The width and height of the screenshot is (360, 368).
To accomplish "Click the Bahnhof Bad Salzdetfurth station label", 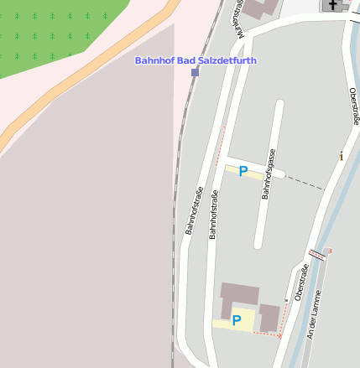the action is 196,60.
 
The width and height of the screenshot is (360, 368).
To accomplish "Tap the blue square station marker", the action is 196,73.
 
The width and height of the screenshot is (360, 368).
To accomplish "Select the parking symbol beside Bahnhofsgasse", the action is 243,171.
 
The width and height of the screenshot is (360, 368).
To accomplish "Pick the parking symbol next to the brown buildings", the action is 237,319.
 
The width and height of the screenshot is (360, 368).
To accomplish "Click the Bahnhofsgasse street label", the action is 269,174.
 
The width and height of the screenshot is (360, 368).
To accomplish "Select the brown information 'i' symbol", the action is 341,156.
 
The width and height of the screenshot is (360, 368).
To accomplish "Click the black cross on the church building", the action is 333,5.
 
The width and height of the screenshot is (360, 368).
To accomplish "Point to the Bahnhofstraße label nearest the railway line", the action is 194,210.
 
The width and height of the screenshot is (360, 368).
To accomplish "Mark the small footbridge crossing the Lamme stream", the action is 316,253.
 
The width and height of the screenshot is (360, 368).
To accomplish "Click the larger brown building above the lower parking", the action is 239,296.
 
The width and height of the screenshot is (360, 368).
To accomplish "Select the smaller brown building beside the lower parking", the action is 269,318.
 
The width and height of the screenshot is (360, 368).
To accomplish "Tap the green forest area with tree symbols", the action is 50,34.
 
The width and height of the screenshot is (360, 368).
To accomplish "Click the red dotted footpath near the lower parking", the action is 267,334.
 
